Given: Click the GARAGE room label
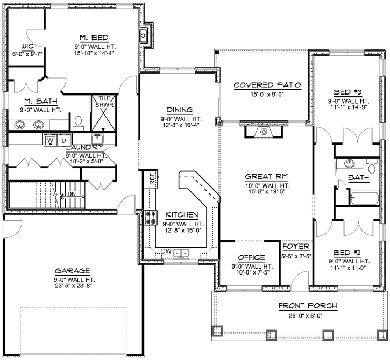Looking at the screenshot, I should click(x=72, y=271).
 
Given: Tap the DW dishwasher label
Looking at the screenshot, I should click(x=166, y=251).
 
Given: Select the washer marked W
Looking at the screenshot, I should click(x=49, y=140).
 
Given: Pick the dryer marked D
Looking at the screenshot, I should click(x=61, y=140).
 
